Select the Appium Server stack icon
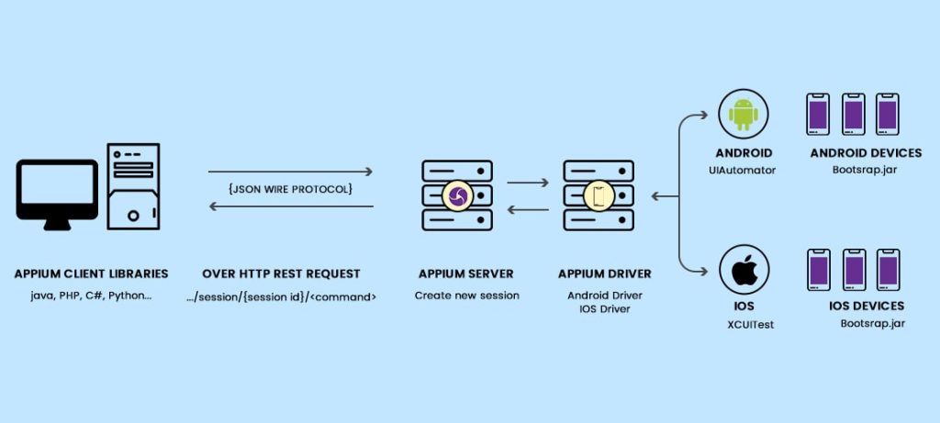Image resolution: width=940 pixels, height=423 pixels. (x=456, y=195)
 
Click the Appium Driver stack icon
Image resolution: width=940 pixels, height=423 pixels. (x=598, y=195)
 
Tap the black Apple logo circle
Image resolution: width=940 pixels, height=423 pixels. (x=743, y=271)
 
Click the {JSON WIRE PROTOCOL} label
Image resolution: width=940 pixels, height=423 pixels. (x=291, y=189)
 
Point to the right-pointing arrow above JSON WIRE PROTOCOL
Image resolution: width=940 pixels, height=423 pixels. (x=291, y=172)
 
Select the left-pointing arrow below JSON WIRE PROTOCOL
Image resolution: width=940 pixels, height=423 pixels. (x=291, y=206)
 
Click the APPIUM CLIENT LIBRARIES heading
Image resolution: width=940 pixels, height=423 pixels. (x=91, y=273)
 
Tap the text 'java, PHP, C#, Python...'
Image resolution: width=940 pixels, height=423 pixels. (x=91, y=295)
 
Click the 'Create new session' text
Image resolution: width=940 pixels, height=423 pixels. (x=466, y=295)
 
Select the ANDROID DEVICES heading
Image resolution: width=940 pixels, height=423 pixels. (x=866, y=153)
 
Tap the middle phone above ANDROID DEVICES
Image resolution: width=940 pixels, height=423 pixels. (x=853, y=114)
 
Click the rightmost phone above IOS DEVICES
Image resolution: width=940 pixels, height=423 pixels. (x=887, y=270)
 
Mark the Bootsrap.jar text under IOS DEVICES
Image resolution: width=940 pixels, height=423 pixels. (x=866, y=324)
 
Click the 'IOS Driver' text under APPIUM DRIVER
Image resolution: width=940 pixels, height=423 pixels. (x=598, y=309)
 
